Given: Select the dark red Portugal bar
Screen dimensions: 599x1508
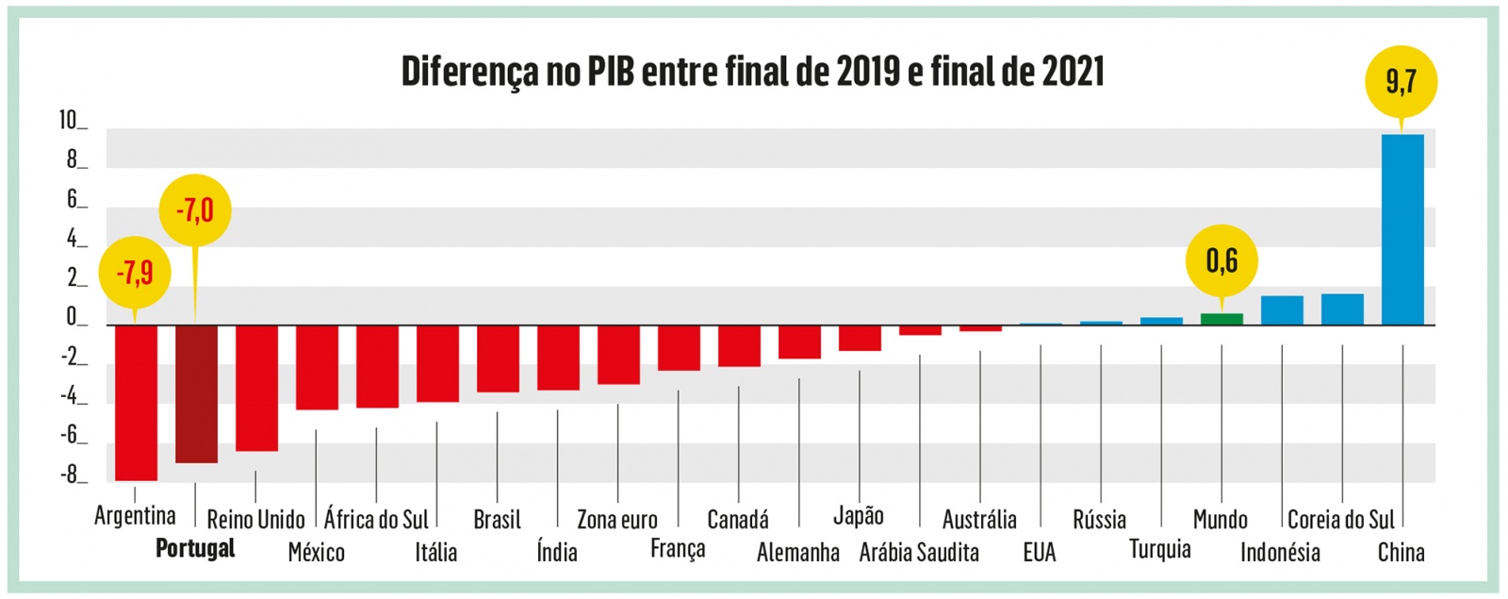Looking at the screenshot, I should [196, 393].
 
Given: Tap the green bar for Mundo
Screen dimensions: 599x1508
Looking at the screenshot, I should [1221, 319].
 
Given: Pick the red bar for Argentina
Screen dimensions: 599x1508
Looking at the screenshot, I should [136, 403].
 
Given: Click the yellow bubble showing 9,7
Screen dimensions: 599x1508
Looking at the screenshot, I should [1401, 82].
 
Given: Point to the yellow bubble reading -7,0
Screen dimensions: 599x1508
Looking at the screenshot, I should [195, 209].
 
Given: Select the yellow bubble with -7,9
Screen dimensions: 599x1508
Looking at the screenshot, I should [135, 273].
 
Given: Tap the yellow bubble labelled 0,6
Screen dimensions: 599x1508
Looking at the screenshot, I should [1221, 260].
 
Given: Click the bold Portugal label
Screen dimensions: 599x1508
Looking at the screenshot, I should [195, 548].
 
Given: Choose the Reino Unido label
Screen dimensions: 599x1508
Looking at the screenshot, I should [255, 520].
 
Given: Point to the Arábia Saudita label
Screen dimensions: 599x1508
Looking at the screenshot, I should [919, 552].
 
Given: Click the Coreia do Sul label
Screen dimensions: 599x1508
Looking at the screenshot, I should [1340, 520].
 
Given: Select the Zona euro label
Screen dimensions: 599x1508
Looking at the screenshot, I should [617, 520].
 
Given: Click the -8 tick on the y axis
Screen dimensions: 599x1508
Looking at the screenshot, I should [72, 474].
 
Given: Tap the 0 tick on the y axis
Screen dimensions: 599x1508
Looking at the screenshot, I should [72, 317].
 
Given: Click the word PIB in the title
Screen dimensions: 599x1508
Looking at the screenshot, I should [613, 72].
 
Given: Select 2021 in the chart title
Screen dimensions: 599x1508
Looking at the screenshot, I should [1073, 72].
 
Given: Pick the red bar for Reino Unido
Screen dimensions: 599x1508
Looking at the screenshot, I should [256, 388].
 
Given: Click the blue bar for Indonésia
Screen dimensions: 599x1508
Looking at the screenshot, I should [1282, 310].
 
